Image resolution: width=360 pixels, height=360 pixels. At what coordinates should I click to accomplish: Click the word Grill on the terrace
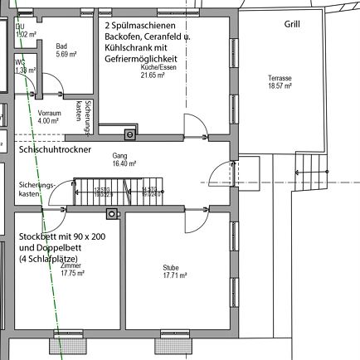[291, 25]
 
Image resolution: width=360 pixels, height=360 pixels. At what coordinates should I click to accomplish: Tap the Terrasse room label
[280, 78]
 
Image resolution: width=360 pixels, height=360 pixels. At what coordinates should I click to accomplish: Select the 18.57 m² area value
[280, 85]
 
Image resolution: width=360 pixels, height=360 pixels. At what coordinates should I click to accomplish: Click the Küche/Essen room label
[153, 67]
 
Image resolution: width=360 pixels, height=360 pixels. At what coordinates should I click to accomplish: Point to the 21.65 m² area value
[153, 75]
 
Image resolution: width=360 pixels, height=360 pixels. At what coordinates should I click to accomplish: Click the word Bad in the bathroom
[61, 46]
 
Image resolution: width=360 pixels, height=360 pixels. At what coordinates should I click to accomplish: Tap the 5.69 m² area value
[66, 54]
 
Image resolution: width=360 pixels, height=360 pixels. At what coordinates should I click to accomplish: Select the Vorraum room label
[50, 112]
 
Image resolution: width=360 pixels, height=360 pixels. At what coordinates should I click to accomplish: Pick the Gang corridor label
[119, 156]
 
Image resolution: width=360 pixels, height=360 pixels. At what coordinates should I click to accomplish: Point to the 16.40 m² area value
[124, 163]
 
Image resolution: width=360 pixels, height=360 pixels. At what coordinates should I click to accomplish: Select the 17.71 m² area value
[173, 275]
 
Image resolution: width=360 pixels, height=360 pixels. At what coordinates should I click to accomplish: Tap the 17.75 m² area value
[72, 272]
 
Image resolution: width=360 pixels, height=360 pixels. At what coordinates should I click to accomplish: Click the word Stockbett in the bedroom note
[39, 236]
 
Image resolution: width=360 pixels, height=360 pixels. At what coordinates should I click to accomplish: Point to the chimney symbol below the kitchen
[129, 134]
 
